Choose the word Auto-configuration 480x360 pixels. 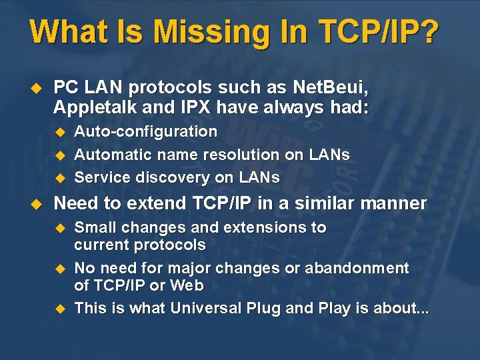tap(145, 131)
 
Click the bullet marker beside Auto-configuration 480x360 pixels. tap(58, 131)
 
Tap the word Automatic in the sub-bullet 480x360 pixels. tap(111, 155)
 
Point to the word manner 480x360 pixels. tap(396, 203)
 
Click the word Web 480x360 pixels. tap(187, 285)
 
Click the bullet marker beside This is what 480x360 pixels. tap(58, 308)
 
